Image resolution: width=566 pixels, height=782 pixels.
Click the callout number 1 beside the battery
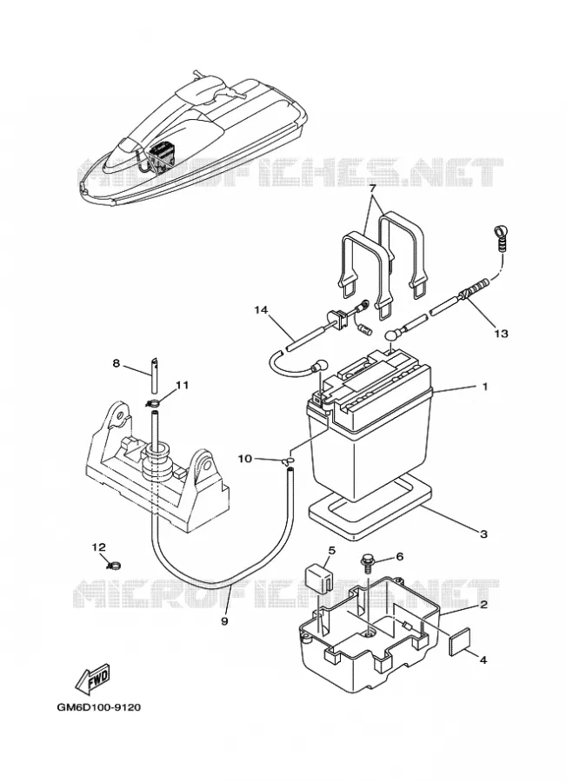point(484,387)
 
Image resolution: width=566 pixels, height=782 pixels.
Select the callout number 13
point(501,333)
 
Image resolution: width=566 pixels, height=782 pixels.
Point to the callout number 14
point(261,310)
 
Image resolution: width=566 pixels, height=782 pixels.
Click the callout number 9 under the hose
point(224,621)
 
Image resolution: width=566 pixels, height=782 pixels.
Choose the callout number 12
point(99,547)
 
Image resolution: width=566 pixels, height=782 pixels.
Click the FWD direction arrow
point(92,679)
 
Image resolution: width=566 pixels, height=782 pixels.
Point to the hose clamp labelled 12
point(114,565)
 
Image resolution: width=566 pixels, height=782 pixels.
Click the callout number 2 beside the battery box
point(483,605)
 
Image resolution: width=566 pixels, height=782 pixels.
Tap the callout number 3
point(483,534)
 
